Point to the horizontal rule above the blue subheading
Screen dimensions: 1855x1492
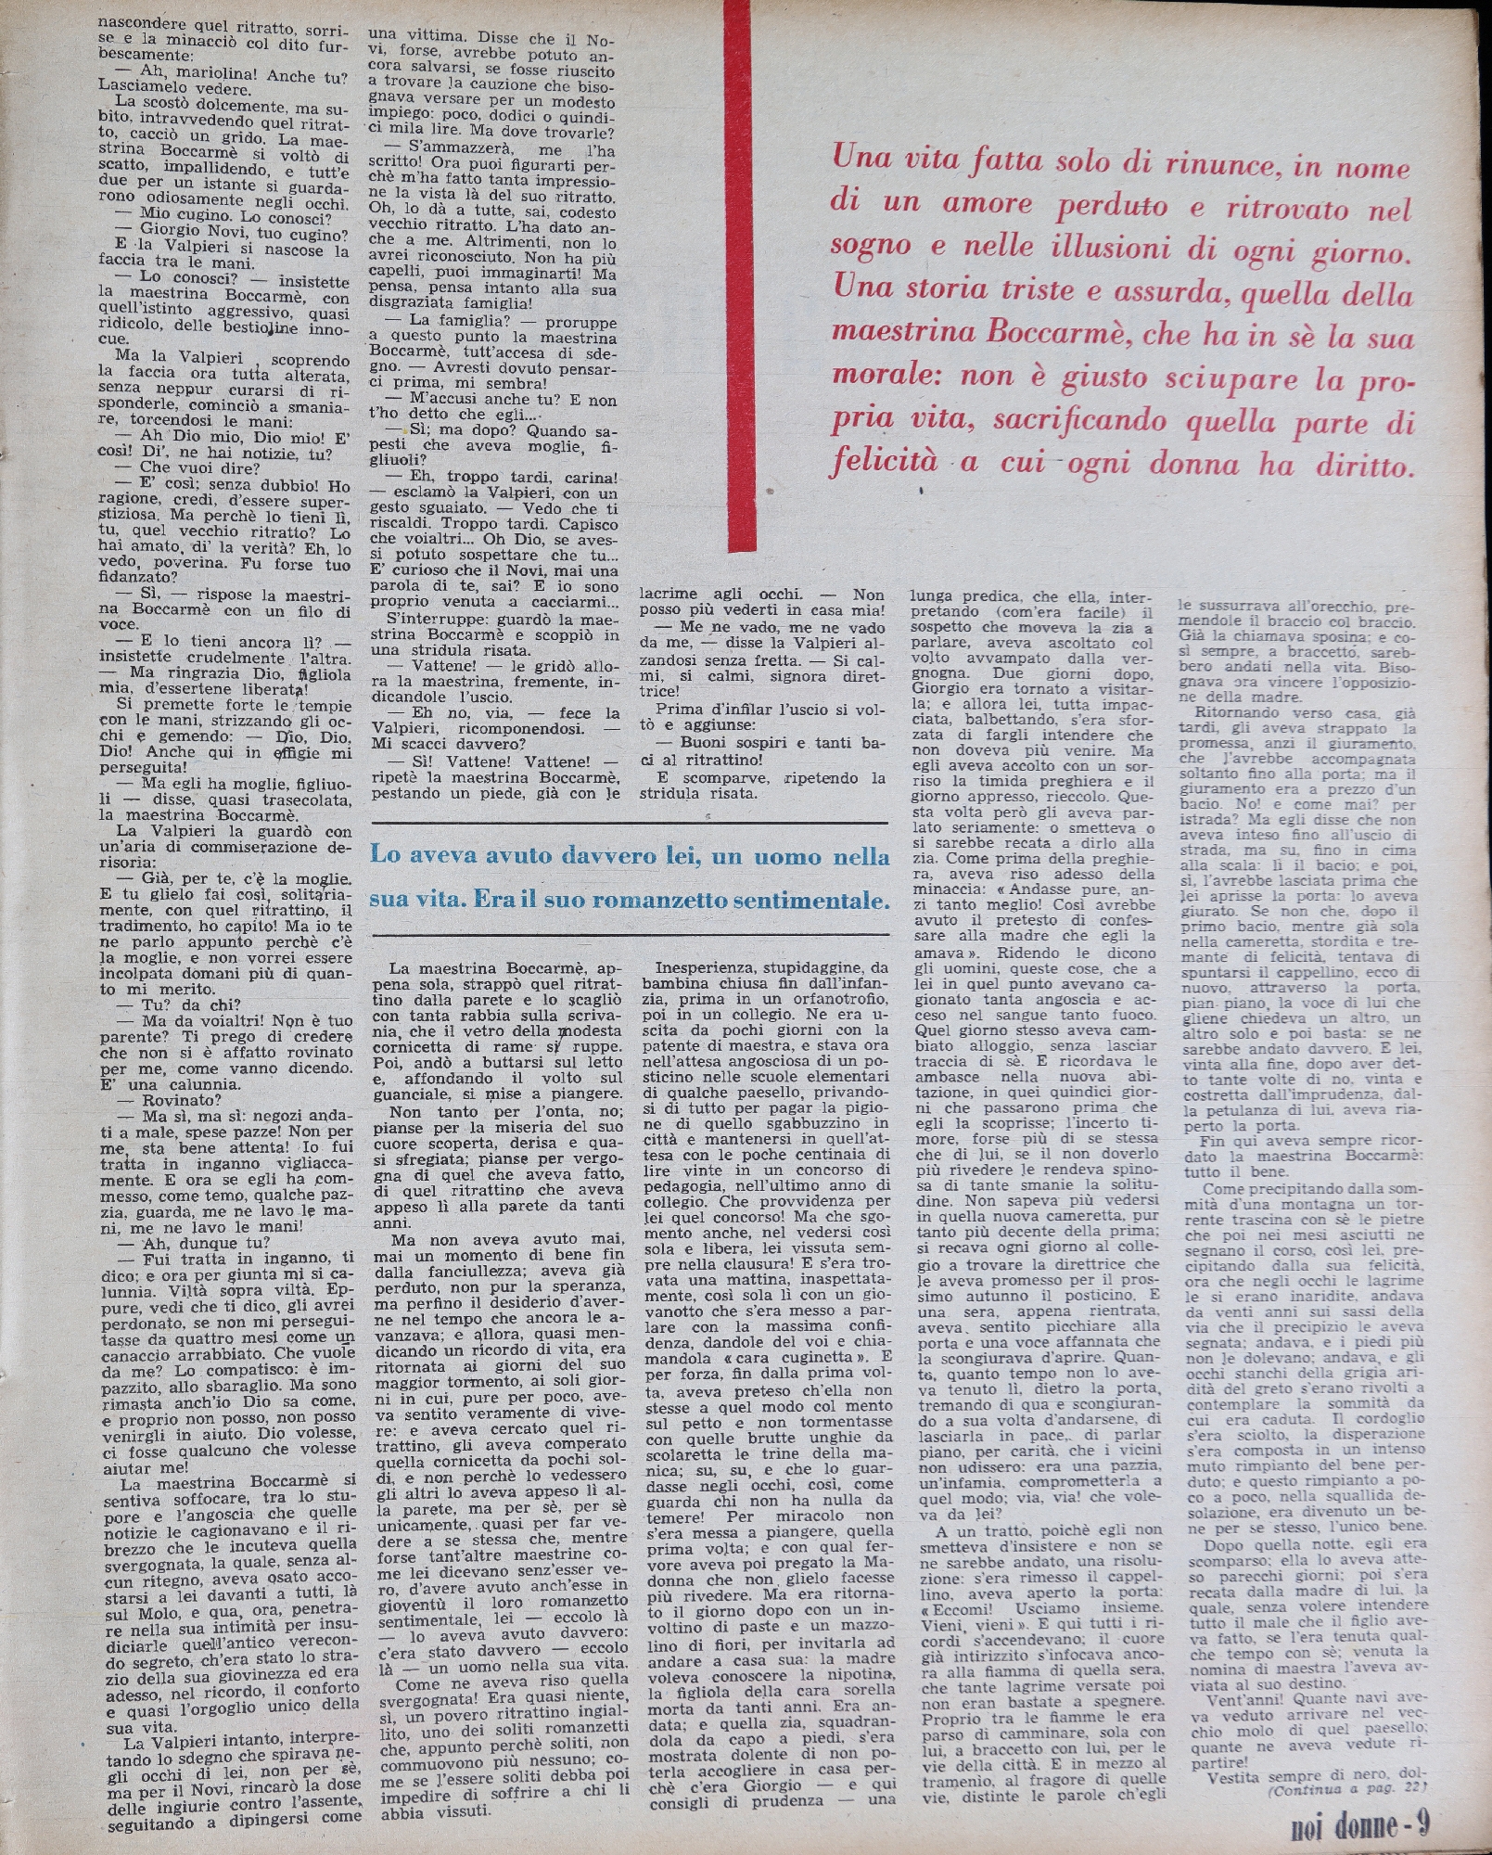coord(630,823)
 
